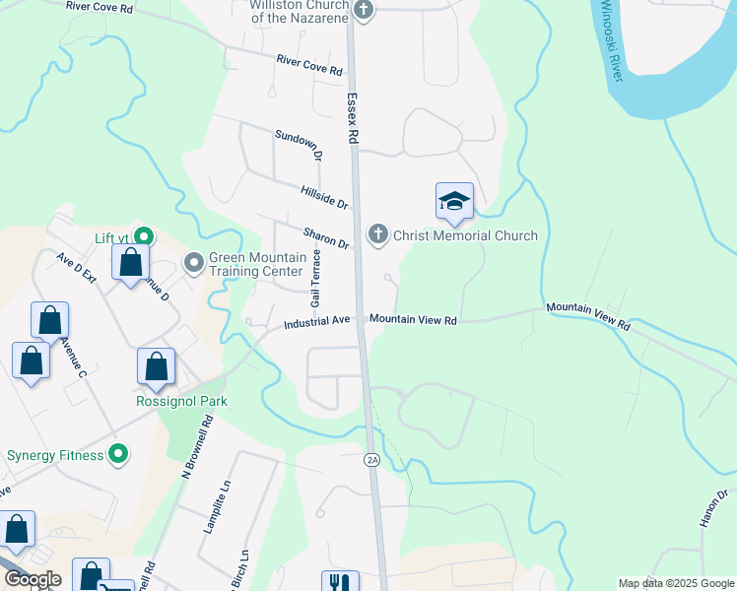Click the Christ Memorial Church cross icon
tap(376, 234)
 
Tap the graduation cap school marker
tap(454, 202)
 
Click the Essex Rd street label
tap(351, 119)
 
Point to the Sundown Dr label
tap(299, 145)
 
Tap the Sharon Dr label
tap(327, 237)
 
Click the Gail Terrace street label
tap(316, 279)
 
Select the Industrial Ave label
tap(317, 322)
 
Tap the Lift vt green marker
tap(144, 236)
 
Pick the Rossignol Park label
tap(182, 401)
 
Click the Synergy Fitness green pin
tap(118, 454)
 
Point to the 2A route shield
tap(371, 460)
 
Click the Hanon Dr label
tap(714, 507)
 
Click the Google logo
tap(33, 579)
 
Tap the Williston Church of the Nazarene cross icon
tap(364, 10)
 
